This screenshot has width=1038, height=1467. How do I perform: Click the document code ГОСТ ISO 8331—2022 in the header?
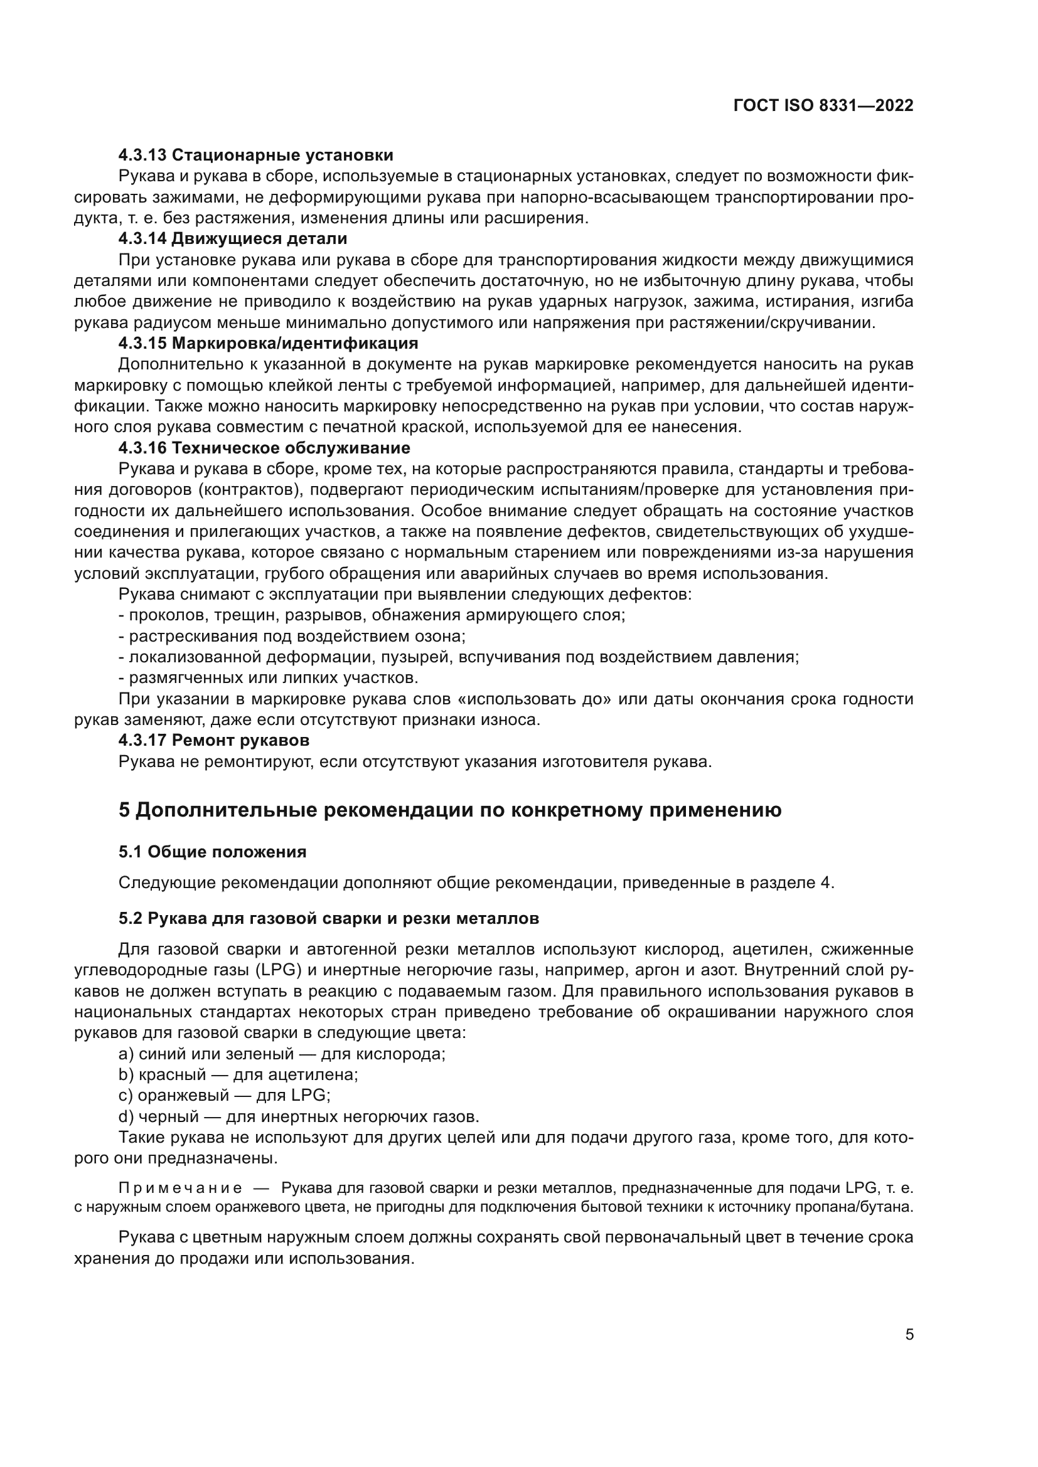(823, 106)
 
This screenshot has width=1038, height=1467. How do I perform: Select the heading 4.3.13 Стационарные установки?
(255, 156)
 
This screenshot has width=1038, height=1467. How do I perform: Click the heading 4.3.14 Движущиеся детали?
(233, 239)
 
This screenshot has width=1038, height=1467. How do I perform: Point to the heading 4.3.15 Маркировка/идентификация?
(268, 343)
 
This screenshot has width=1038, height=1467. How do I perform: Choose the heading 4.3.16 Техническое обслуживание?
(264, 447)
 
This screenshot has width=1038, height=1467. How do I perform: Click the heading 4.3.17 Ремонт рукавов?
(214, 740)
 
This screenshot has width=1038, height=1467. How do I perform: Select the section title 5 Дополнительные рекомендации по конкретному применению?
(450, 810)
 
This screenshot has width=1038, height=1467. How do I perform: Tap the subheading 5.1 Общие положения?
(212, 852)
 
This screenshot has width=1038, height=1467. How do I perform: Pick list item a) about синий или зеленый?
(282, 1054)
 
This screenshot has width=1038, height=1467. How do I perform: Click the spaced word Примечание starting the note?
(180, 1188)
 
